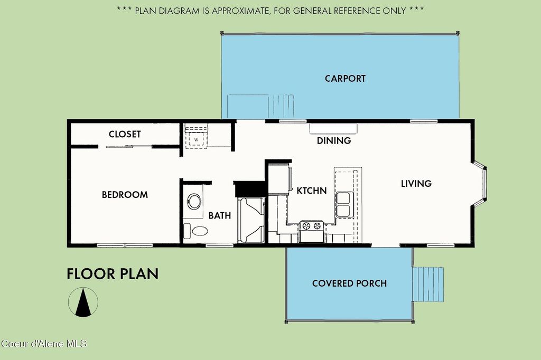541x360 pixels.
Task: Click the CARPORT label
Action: click(x=345, y=79)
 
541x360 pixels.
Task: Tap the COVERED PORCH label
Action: click(x=349, y=283)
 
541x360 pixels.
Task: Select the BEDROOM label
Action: click(x=125, y=195)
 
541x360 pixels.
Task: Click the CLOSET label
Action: click(x=125, y=134)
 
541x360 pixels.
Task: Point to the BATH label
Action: click(x=219, y=215)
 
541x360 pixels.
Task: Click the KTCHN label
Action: click(x=312, y=191)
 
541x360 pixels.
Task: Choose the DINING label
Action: click(x=334, y=141)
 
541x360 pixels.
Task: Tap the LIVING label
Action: click(x=416, y=184)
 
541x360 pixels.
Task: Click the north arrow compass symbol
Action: click(x=83, y=302)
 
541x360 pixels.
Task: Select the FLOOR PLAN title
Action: click(x=113, y=274)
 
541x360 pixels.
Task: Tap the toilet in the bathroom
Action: click(x=196, y=231)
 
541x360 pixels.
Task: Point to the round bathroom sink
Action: click(x=194, y=202)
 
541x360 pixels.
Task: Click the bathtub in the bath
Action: click(x=251, y=220)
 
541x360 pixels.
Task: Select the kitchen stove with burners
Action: click(x=312, y=231)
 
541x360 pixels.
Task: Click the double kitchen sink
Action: click(x=343, y=204)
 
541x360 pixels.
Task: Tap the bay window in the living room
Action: click(x=480, y=184)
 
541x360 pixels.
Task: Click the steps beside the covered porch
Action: click(x=428, y=284)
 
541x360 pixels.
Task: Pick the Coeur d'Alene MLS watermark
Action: click(x=44, y=344)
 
